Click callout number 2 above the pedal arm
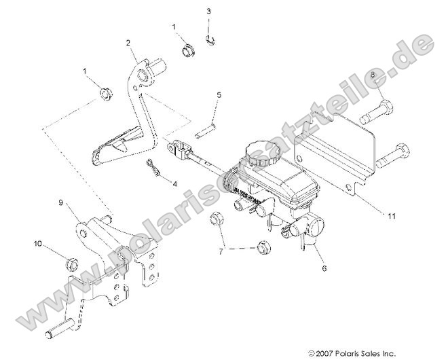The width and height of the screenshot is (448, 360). point(128,43)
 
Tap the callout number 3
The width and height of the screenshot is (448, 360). point(208,12)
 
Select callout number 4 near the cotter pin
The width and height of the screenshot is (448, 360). point(174,183)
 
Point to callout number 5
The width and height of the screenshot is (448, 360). point(219,94)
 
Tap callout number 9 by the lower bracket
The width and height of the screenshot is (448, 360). point(60,202)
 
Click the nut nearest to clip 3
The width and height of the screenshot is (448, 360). point(189,50)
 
